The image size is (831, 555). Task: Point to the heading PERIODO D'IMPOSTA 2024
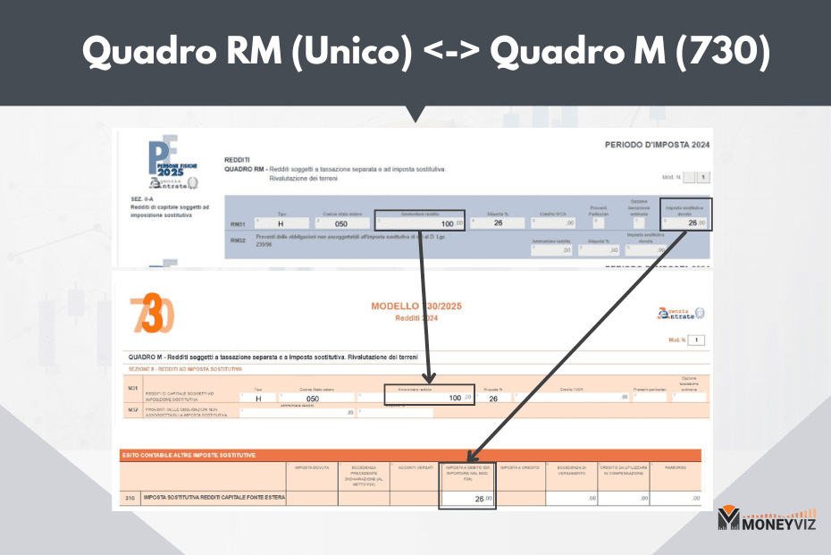pyautogui.click(x=657, y=145)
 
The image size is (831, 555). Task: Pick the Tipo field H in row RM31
pyautogui.click(x=281, y=223)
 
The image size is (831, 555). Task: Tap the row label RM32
pyautogui.click(x=238, y=240)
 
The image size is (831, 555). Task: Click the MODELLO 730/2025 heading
pyautogui.click(x=416, y=307)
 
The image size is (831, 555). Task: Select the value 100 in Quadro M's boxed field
pyautogui.click(x=455, y=398)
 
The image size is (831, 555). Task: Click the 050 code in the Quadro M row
pyautogui.click(x=313, y=399)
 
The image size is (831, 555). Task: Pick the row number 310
pyautogui.click(x=130, y=497)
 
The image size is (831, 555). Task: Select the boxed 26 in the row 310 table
pyautogui.click(x=479, y=498)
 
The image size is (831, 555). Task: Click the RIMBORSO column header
pyautogui.click(x=675, y=467)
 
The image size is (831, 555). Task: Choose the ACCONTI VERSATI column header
pyautogui.click(x=415, y=467)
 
